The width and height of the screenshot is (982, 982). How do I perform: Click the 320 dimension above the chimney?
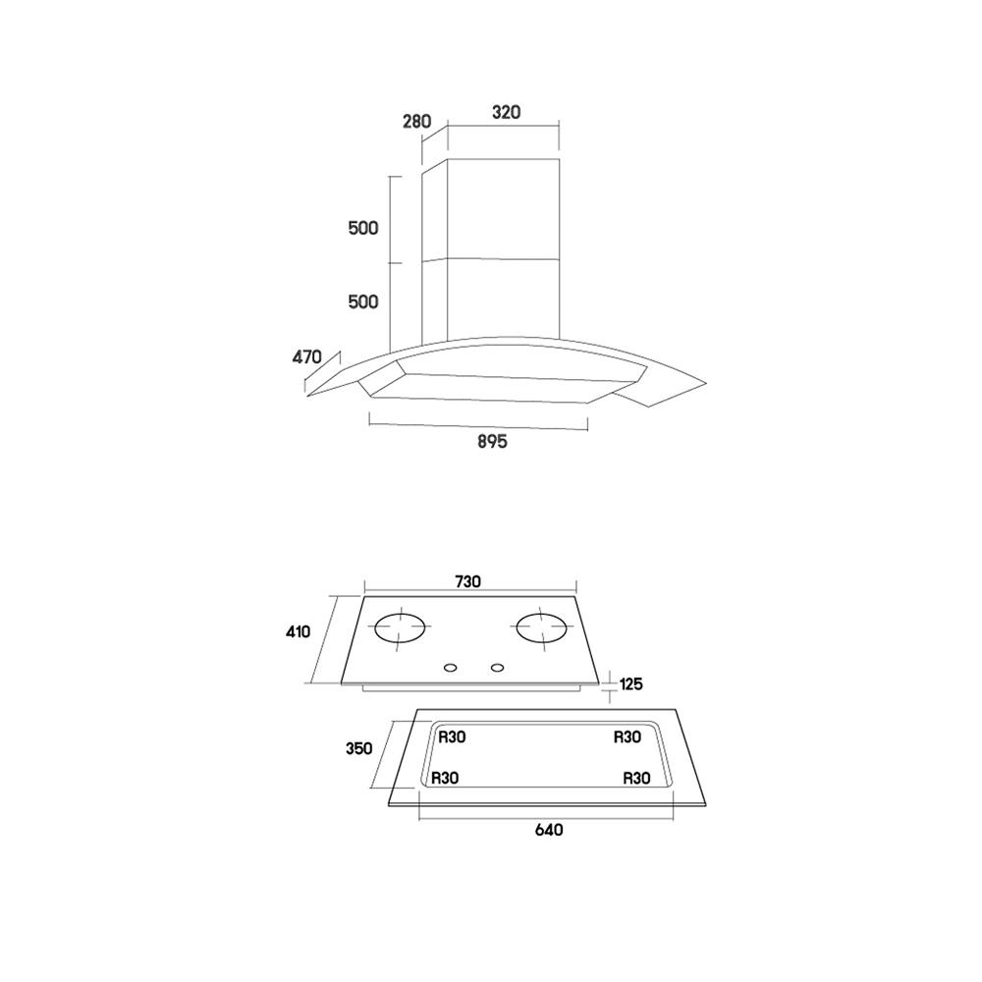tap(506, 112)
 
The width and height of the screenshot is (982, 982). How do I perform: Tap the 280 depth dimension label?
tap(416, 121)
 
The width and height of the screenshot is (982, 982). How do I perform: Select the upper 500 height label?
tap(363, 228)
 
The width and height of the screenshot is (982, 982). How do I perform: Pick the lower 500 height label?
tap(363, 301)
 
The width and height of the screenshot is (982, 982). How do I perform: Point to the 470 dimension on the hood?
tap(306, 357)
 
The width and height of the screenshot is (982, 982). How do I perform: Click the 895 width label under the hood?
tap(492, 442)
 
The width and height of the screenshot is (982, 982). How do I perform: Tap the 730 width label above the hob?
tap(467, 581)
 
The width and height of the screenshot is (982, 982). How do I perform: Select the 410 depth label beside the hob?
tap(299, 631)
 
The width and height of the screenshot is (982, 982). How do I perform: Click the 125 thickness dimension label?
tap(630, 683)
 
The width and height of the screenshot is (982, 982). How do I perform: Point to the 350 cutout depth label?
tap(358, 748)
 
